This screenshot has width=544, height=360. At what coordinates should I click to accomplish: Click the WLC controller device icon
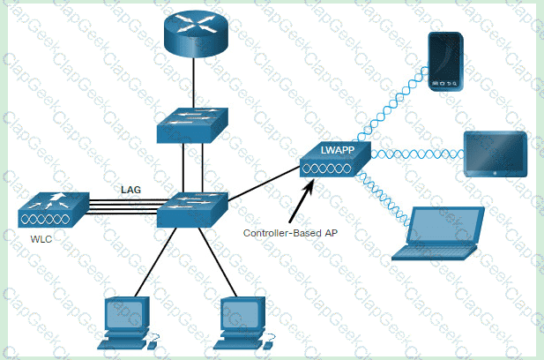[52, 210]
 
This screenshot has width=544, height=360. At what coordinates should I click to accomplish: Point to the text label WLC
[36, 239]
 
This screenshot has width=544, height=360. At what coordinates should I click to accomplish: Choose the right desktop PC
[243, 321]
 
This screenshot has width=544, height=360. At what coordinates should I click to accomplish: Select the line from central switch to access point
[265, 187]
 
